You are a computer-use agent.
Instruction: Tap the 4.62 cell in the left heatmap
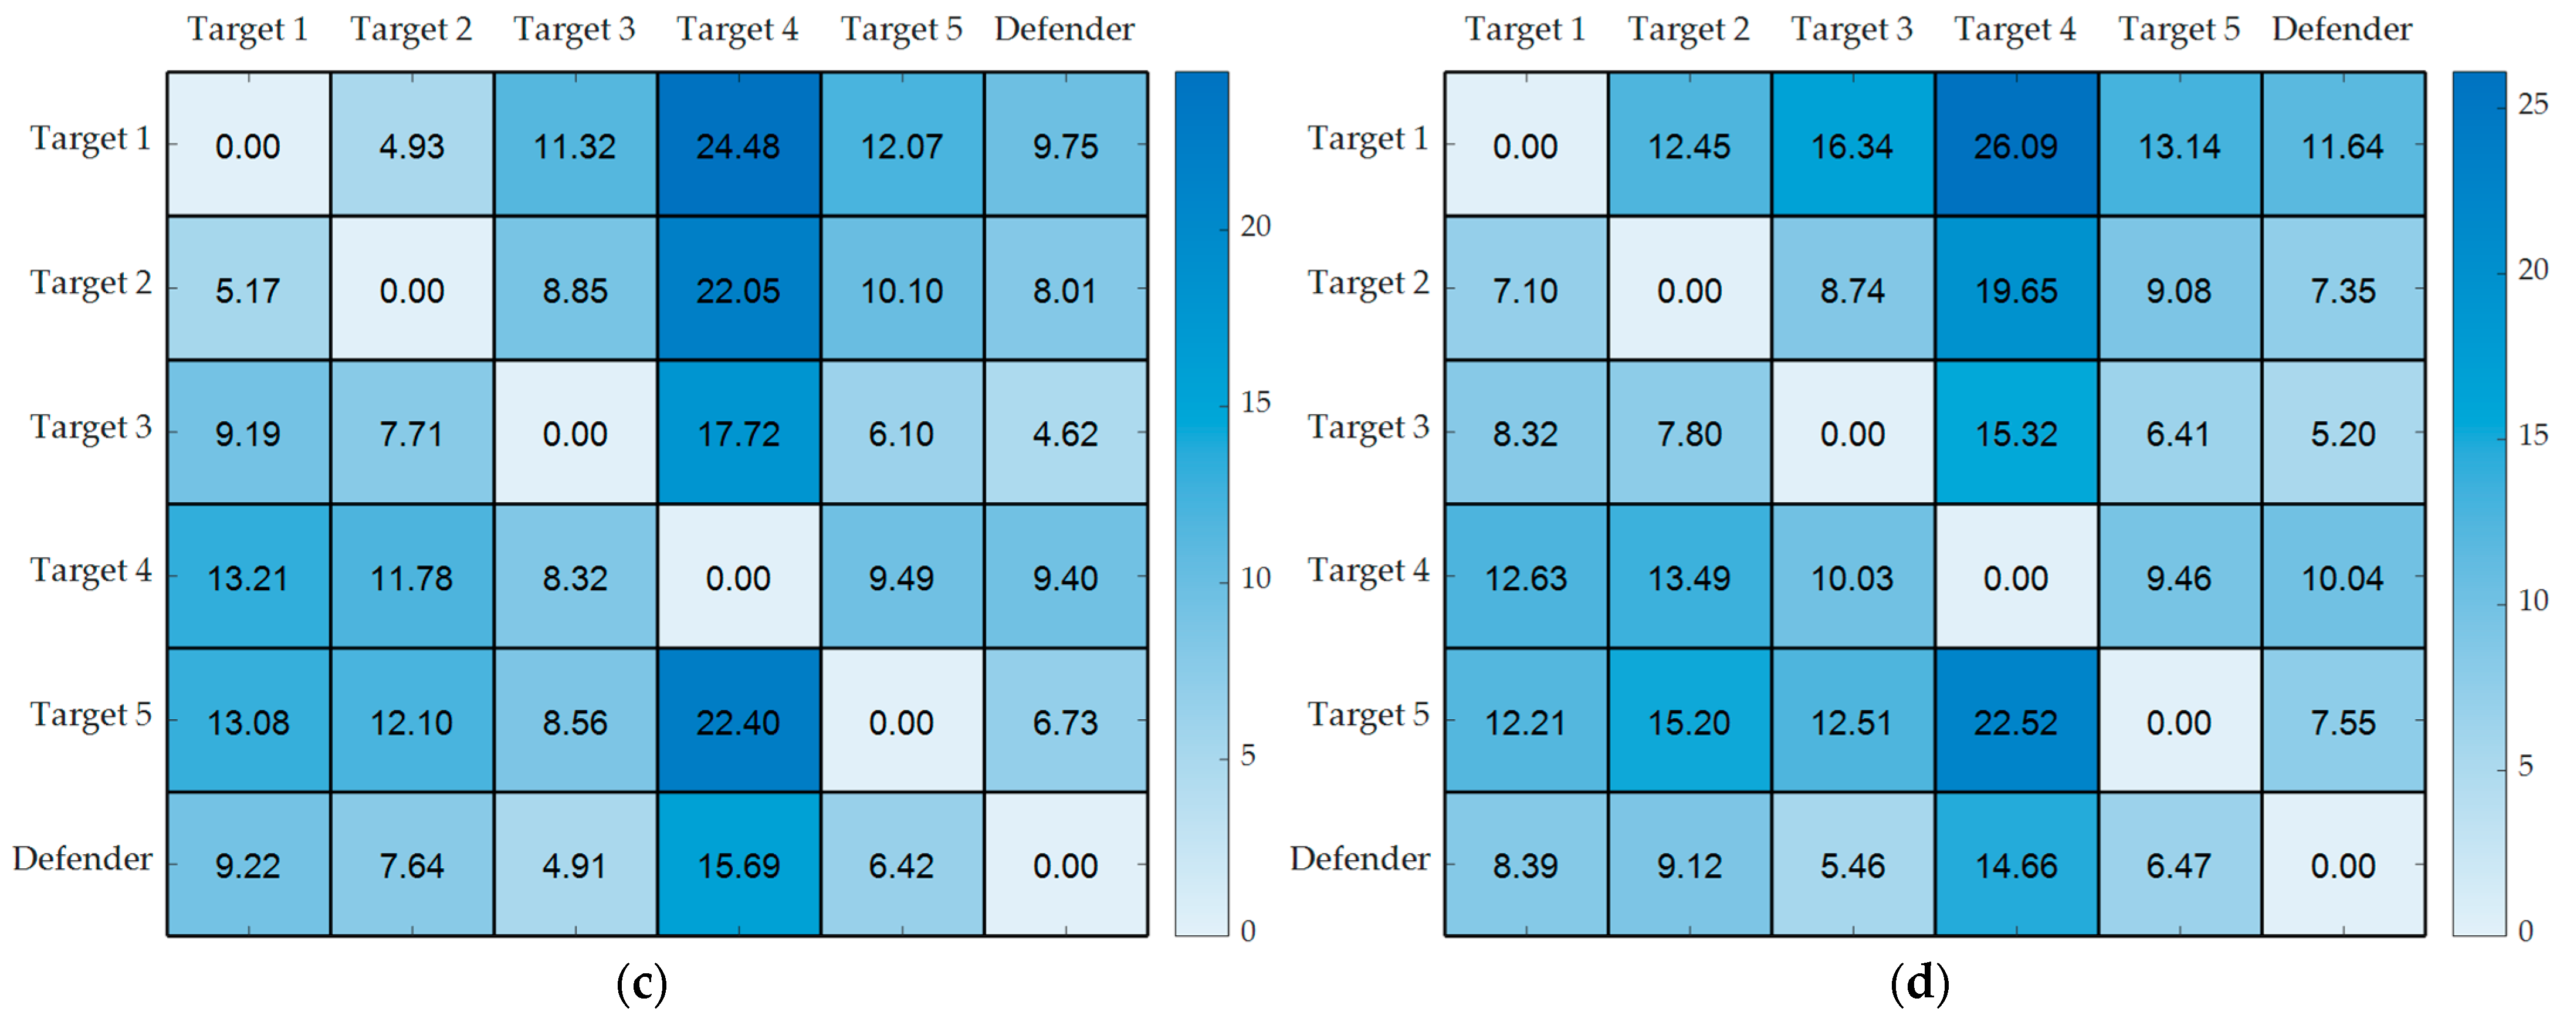click(1065, 434)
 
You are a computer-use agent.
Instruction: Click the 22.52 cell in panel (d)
click(2016, 722)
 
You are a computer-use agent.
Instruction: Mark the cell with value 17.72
click(739, 434)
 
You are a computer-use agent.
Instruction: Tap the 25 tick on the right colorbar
click(2533, 103)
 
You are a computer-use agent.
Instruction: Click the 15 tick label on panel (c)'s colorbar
click(1255, 402)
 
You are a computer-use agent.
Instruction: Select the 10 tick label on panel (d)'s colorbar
click(2533, 601)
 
